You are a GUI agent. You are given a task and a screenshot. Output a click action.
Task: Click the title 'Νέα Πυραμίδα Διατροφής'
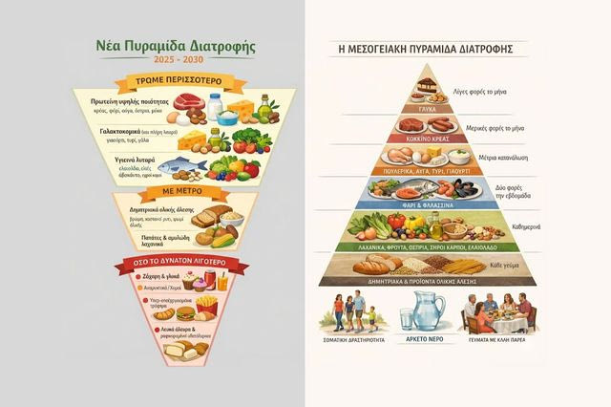click(x=171, y=45)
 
